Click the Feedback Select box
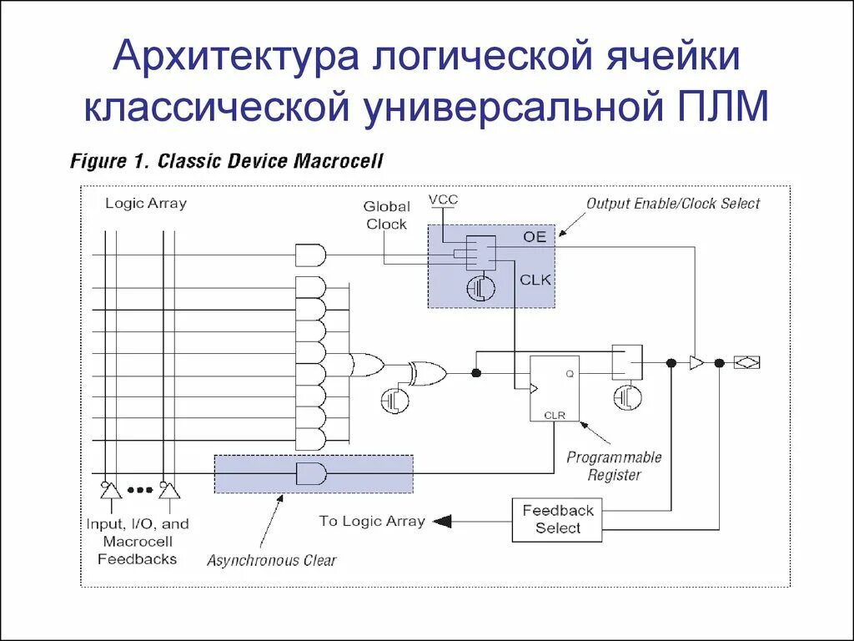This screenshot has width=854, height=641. coord(557,519)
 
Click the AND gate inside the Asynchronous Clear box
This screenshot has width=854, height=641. coord(312,473)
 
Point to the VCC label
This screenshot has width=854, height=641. coord(444,199)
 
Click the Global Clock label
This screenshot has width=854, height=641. coord(386,215)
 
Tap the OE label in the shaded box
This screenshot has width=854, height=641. coord(535,237)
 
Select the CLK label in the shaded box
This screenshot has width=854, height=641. coord(535,280)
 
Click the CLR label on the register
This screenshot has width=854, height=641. coord(555,414)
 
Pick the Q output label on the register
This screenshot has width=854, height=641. coord(570,373)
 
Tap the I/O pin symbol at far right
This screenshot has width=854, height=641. coord(746,362)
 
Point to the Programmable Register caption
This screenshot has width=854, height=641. coord(614,466)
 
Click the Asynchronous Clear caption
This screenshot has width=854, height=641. coord(272,560)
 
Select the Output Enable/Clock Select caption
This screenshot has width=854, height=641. coord(673,203)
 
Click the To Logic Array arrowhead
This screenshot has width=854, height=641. coord(442,522)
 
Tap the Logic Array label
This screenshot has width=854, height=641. coord(146,203)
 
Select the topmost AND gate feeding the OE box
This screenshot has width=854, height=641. coord(311,255)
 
